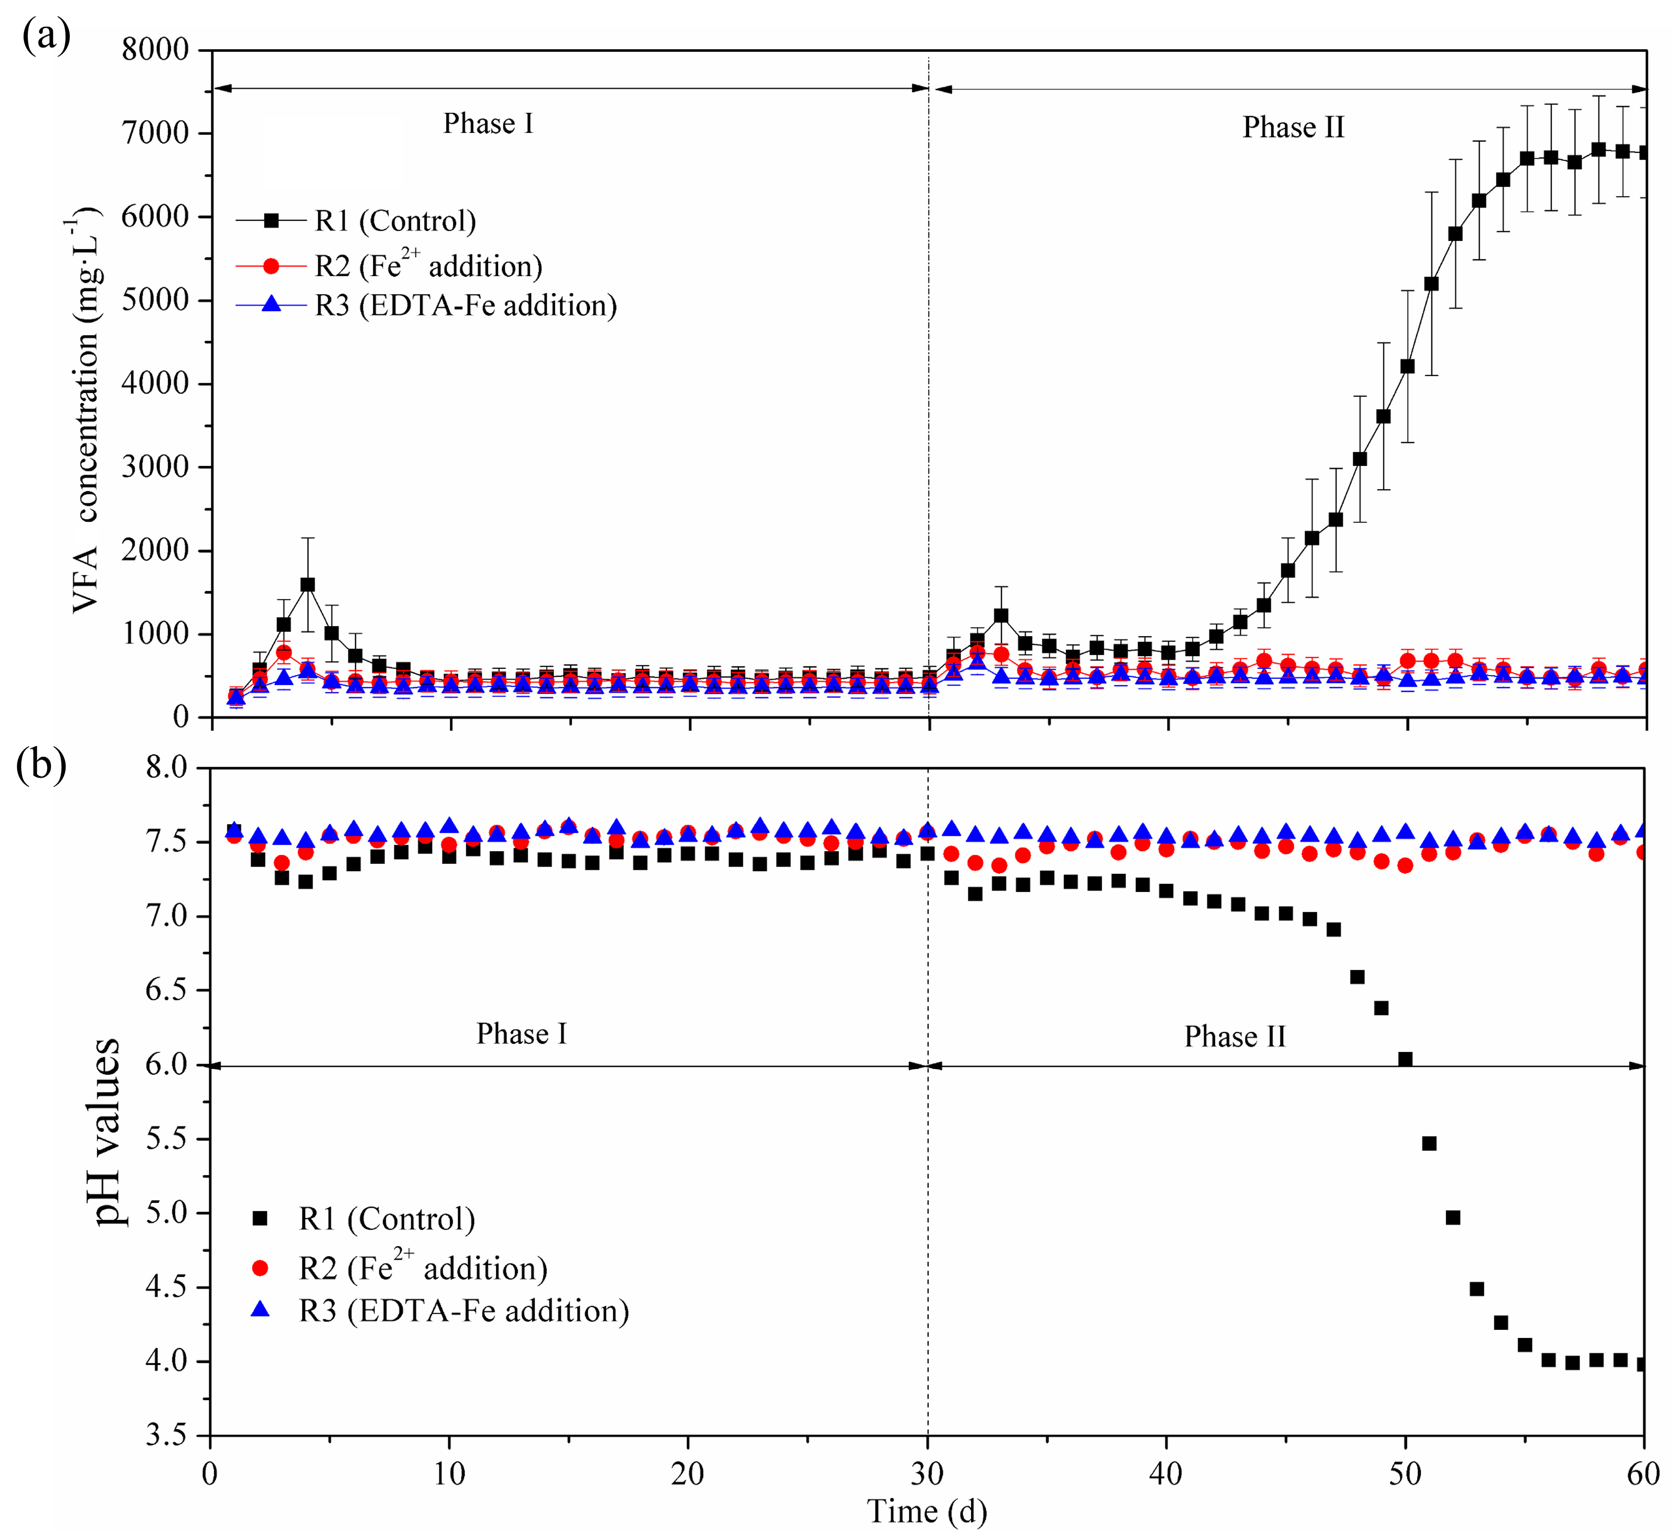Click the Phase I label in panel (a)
(x=488, y=123)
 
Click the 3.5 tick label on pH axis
(x=167, y=1435)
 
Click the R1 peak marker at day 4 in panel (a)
(x=308, y=585)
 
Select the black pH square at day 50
(x=1405, y=1059)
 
